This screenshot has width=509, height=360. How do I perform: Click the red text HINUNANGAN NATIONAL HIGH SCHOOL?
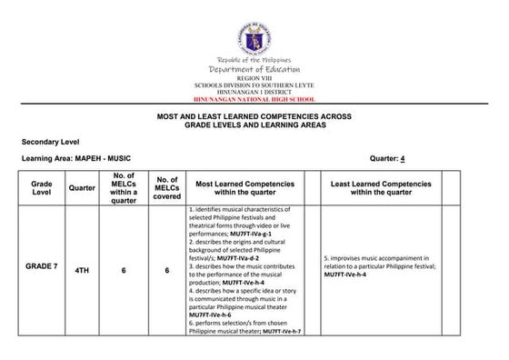pyautogui.click(x=254, y=99)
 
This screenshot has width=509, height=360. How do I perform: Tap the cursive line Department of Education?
pyautogui.click(x=254, y=70)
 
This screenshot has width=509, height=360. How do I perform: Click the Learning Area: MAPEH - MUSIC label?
pyautogui.click(x=82, y=158)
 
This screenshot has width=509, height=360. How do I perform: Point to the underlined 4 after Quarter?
pyautogui.click(x=401, y=158)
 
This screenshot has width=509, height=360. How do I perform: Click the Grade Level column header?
pyautogui.click(x=41, y=188)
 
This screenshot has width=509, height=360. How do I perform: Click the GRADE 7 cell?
pyautogui.click(x=42, y=270)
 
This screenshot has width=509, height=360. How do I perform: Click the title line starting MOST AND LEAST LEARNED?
pyautogui.click(x=254, y=117)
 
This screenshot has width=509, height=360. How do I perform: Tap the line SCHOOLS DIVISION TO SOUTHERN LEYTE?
pyautogui.click(x=254, y=86)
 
